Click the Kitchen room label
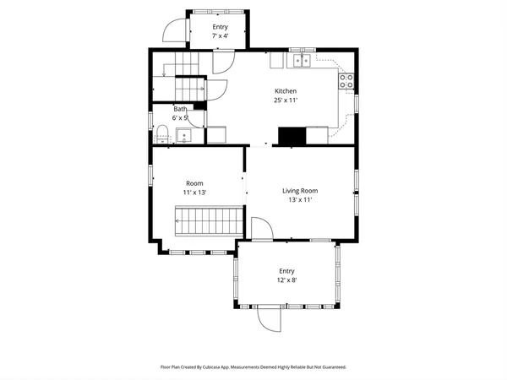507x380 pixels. pos(285,91)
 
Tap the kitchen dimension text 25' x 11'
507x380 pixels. pos(285,100)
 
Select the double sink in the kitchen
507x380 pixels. pos(302,61)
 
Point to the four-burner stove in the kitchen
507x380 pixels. pos(346,81)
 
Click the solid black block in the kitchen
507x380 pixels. pos(292,136)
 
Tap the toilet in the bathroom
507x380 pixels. pos(161,133)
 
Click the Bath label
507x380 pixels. pos(180,109)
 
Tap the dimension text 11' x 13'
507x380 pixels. pos(195,193)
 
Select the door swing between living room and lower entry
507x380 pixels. pos(261,230)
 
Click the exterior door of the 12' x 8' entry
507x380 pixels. pos(270,318)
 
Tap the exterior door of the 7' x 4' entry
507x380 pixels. pos(173,32)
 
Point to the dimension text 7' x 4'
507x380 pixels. pos(220,36)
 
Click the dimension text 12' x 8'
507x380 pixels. pos(287,280)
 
